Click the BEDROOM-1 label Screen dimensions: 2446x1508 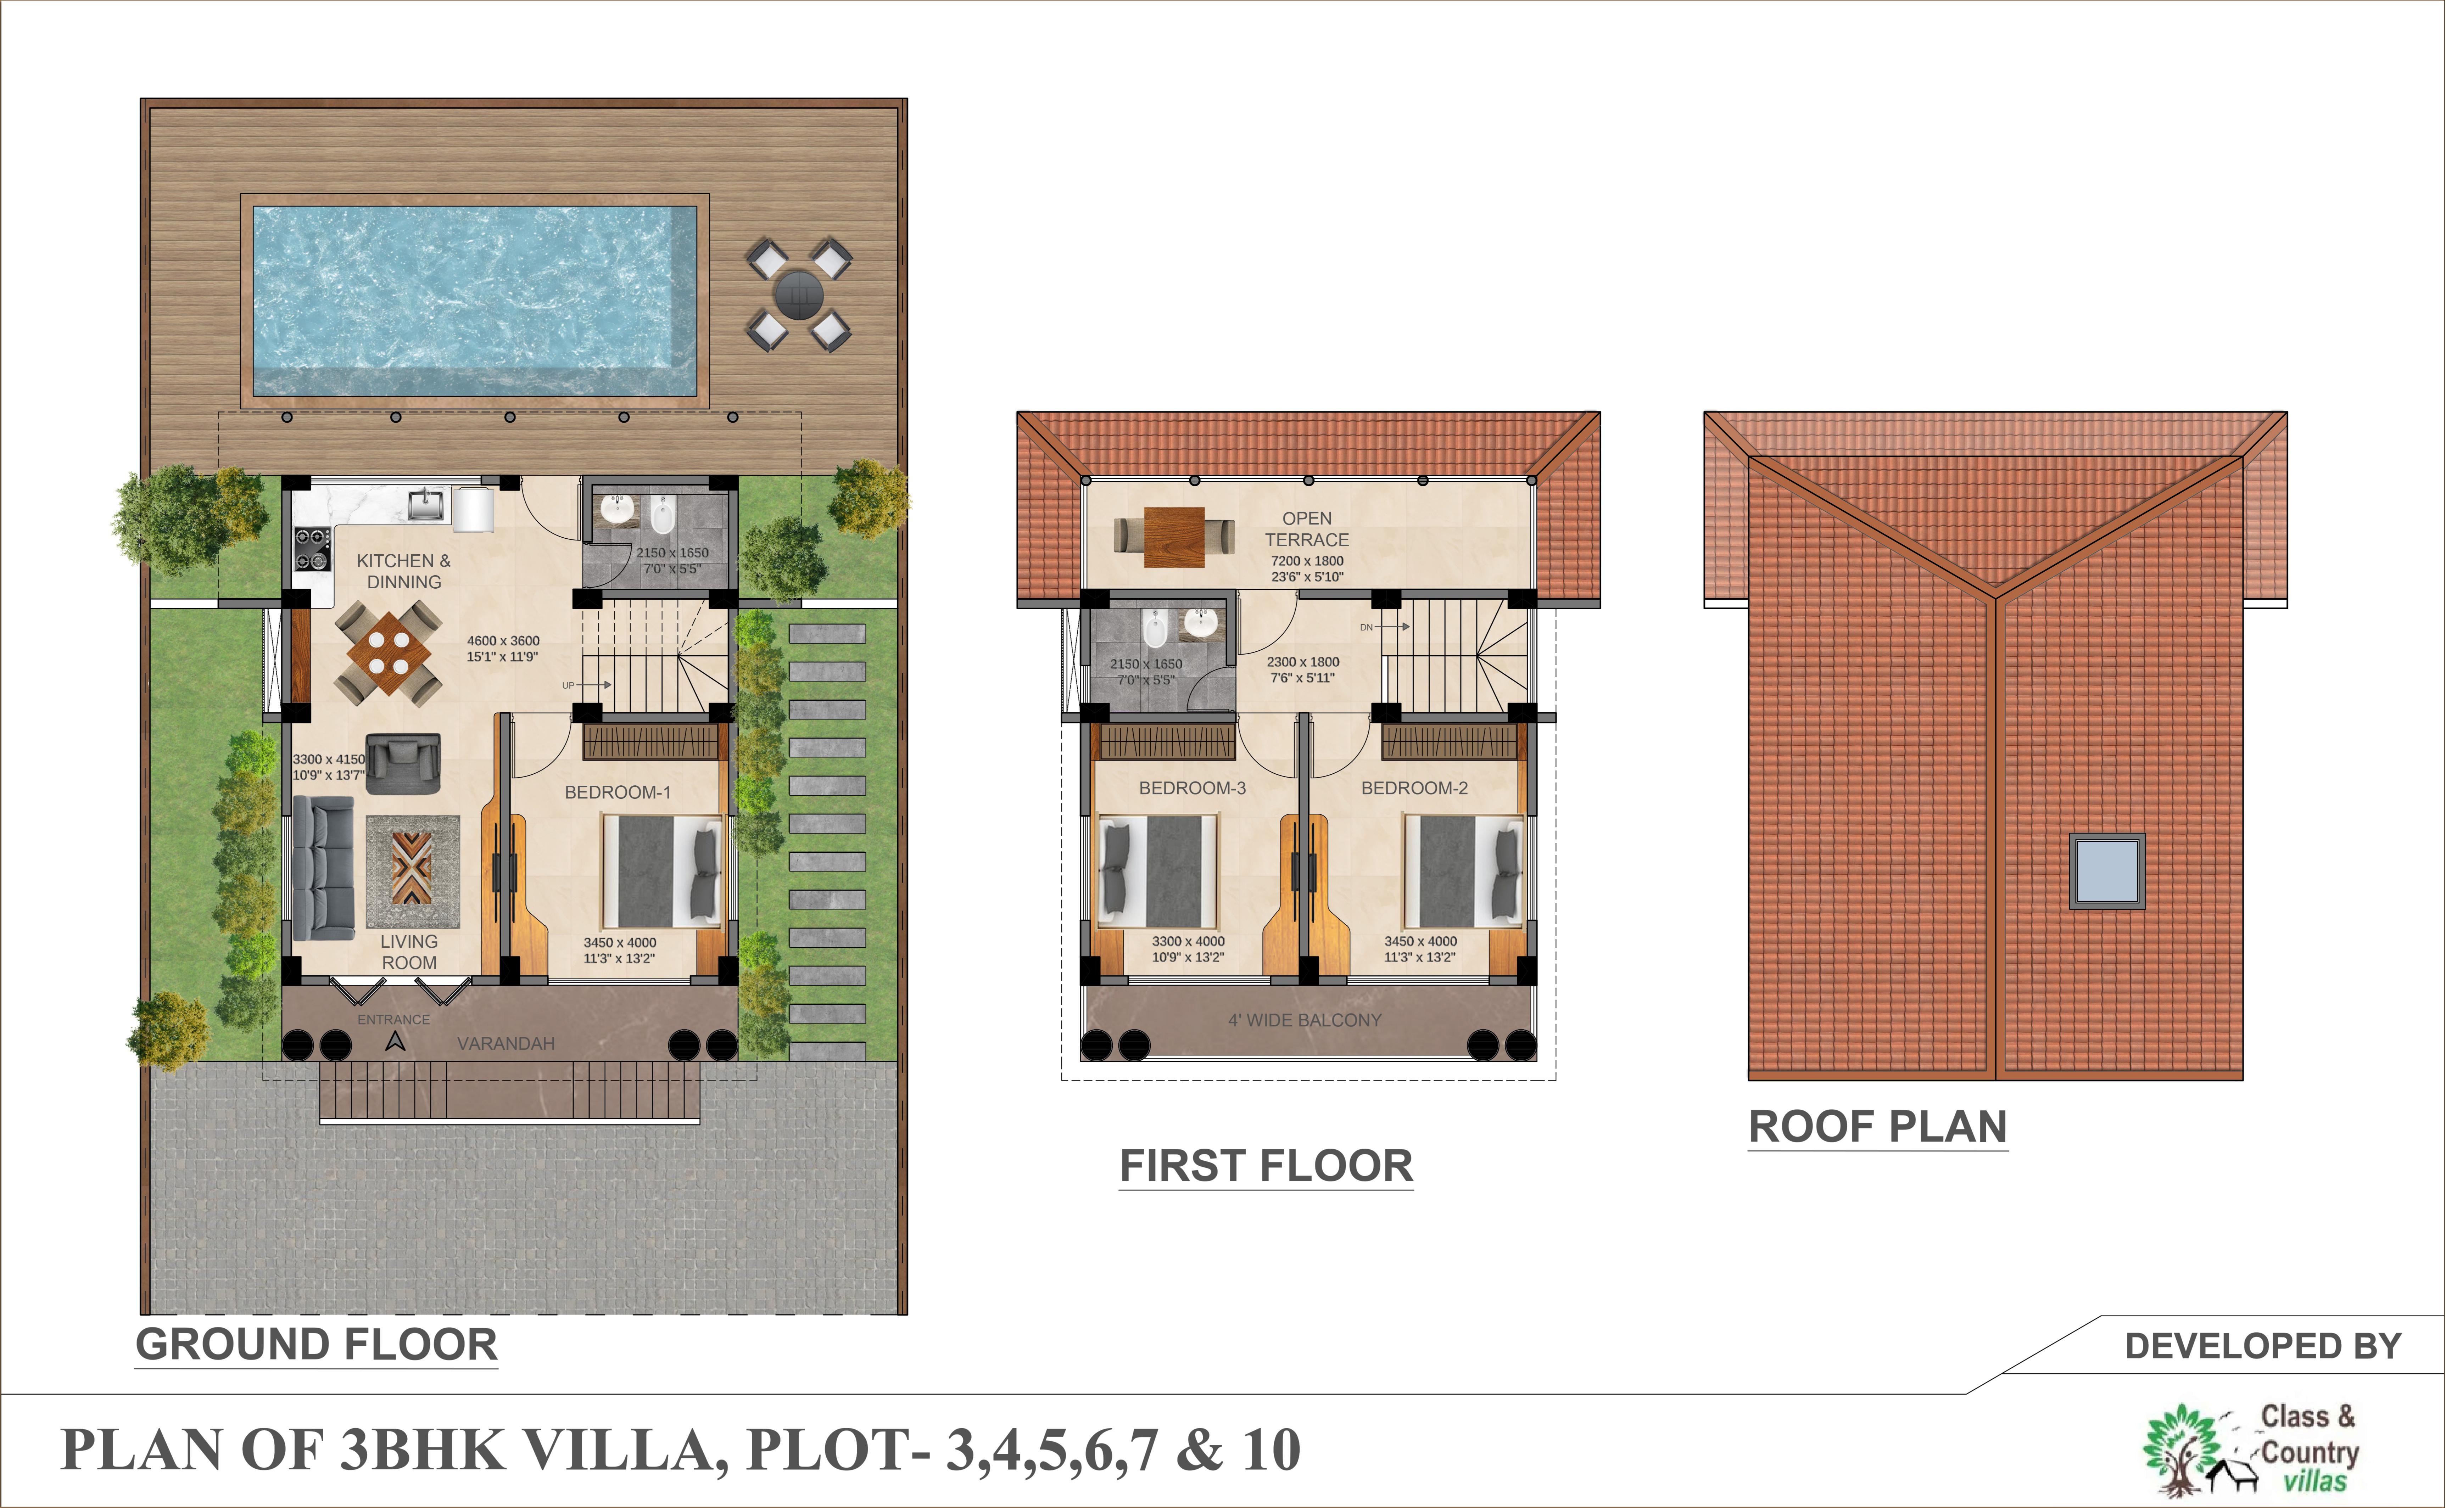pyautogui.click(x=618, y=792)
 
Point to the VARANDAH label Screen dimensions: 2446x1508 pyautogui.click(x=506, y=1043)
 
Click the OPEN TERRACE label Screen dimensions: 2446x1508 pyautogui.click(x=1307, y=529)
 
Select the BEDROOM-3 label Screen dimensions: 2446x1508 pyautogui.click(x=1192, y=788)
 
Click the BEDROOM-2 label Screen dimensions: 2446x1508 pyautogui.click(x=1414, y=788)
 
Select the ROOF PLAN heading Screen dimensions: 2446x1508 pyautogui.click(x=1877, y=1127)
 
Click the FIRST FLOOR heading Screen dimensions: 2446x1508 pyautogui.click(x=1266, y=1166)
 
